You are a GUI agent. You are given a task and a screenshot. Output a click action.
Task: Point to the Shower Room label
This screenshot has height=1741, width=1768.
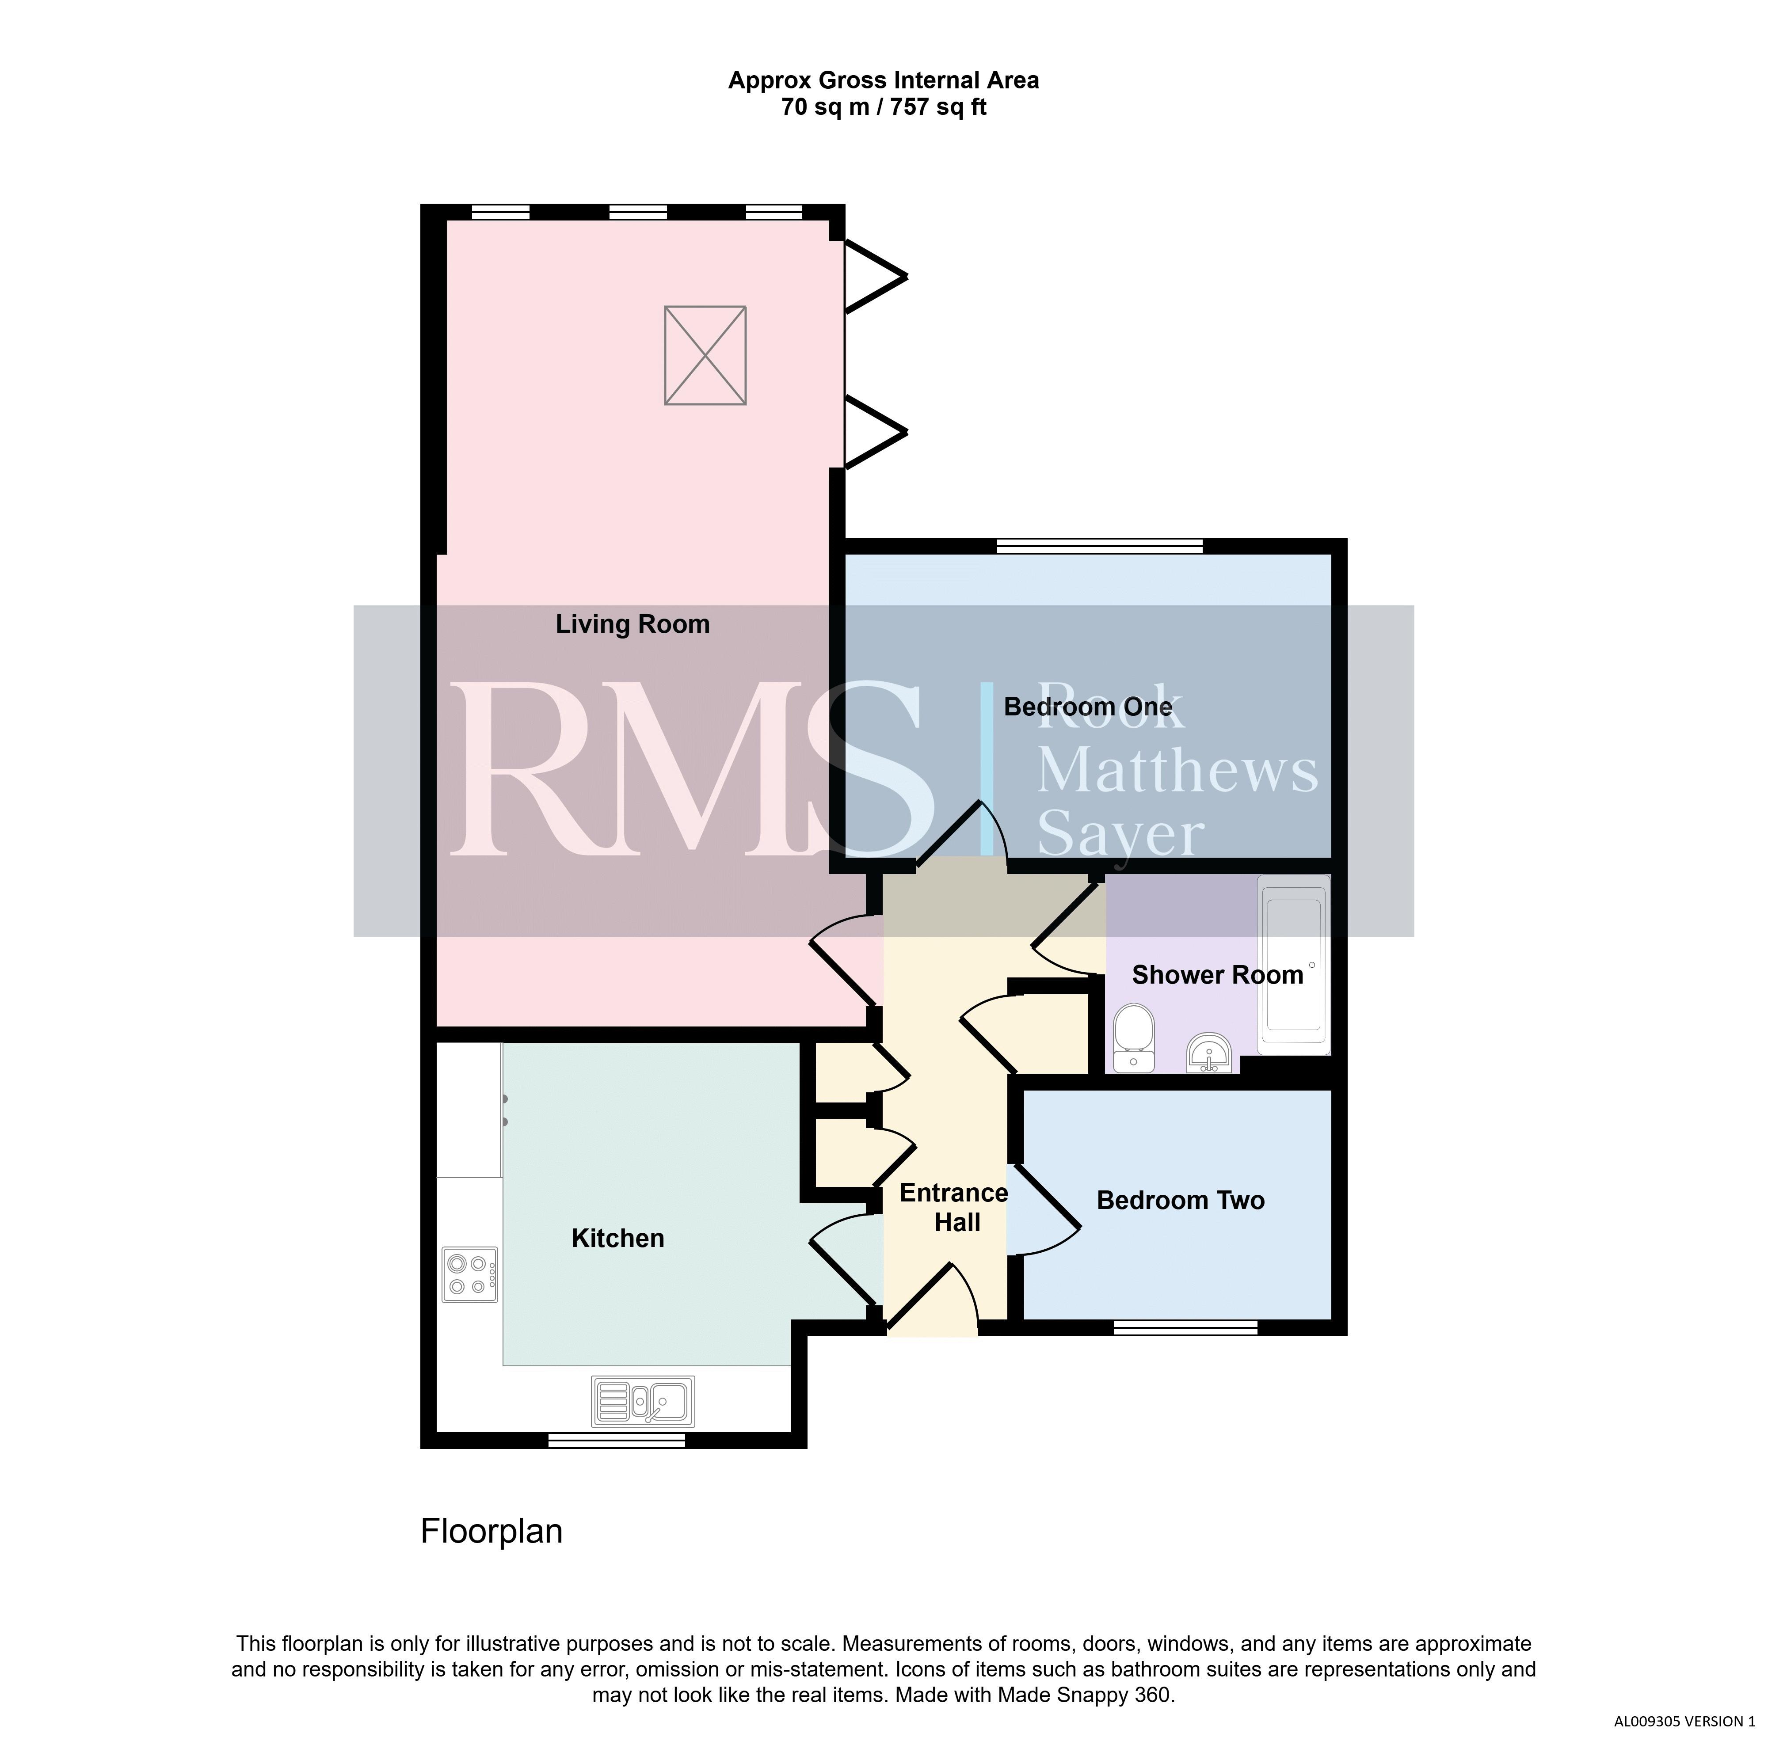1217,975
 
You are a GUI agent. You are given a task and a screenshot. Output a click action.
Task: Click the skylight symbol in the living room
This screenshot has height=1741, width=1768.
705,355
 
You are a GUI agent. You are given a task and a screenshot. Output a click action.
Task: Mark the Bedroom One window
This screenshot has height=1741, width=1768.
1099,546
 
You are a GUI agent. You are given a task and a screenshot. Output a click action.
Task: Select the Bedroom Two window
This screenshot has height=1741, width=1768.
1185,1328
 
